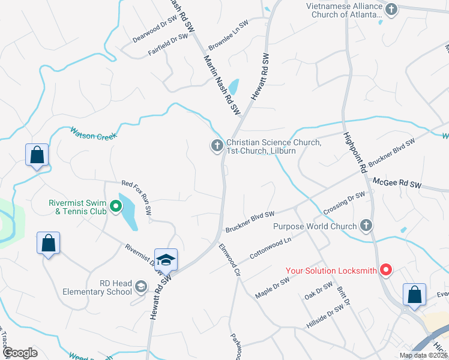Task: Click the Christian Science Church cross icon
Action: (217, 146)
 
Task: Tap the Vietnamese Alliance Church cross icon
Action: (391, 9)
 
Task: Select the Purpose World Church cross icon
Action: (366, 226)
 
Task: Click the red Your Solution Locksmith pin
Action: (387, 271)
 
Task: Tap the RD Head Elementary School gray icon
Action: (141, 286)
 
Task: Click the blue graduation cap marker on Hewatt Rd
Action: (166, 260)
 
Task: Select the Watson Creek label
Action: (93, 133)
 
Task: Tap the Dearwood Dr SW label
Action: (155, 28)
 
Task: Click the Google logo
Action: (20, 353)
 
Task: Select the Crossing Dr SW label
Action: (344, 204)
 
